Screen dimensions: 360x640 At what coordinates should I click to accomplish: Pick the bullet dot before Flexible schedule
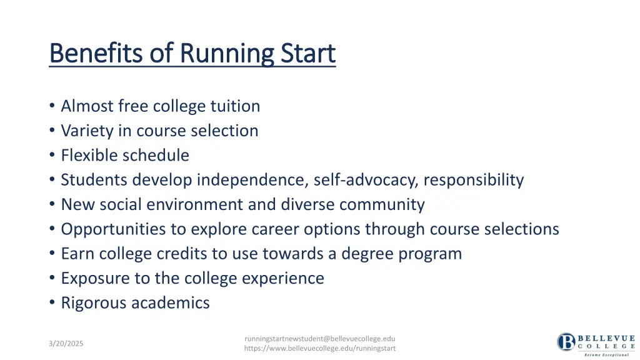pos(52,156)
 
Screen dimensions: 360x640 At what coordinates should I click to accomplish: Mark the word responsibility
pos(473,180)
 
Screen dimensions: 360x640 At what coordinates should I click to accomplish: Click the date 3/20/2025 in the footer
pos(66,344)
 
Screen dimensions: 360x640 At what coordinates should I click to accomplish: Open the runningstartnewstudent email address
pos(319,338)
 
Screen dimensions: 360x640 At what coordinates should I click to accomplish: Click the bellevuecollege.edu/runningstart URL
pos(319,348)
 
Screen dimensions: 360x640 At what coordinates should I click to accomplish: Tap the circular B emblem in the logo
pos(566,342)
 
